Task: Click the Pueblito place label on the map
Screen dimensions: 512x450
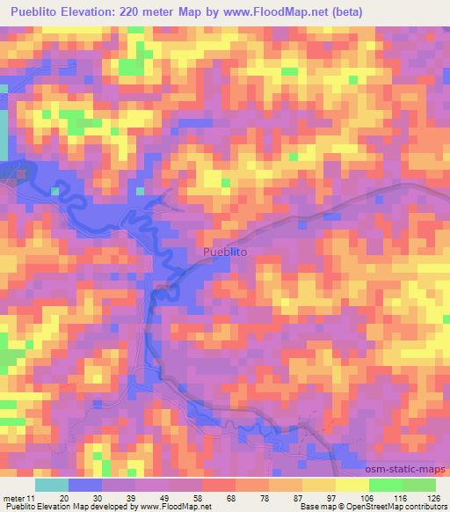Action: (225, 252)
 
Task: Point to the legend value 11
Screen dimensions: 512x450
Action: (31, 498)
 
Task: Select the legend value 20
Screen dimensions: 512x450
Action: (64, 498)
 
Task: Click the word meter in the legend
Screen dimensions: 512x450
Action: (14, 498)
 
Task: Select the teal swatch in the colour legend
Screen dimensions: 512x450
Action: (53, 485)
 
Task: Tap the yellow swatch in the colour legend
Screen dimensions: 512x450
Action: (352, 485)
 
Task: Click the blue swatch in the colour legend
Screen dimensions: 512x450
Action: (86, 485)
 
